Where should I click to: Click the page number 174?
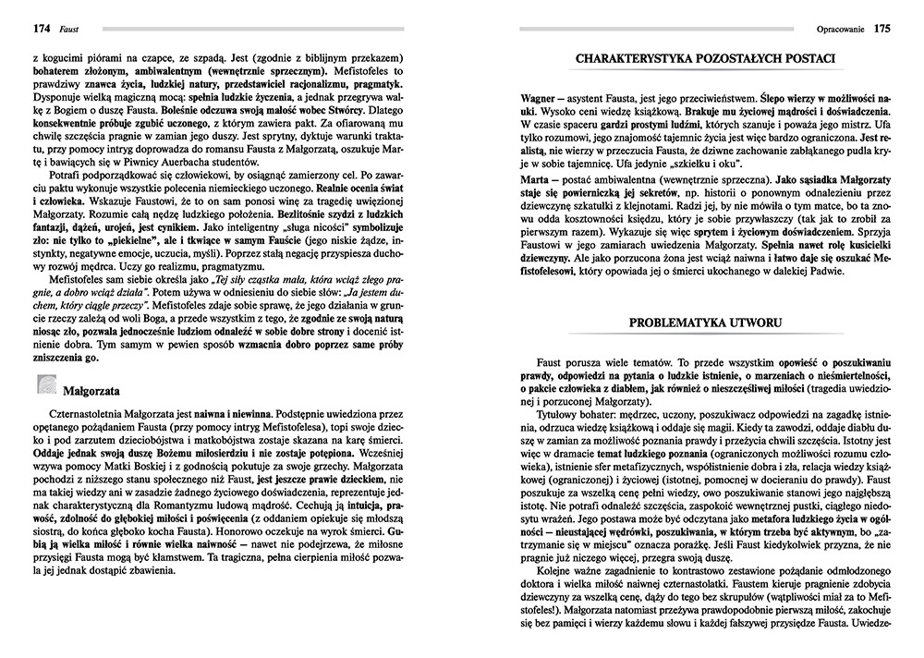18,29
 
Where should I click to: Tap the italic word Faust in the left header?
43,29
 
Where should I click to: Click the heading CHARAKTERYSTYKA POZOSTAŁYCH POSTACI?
706,61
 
